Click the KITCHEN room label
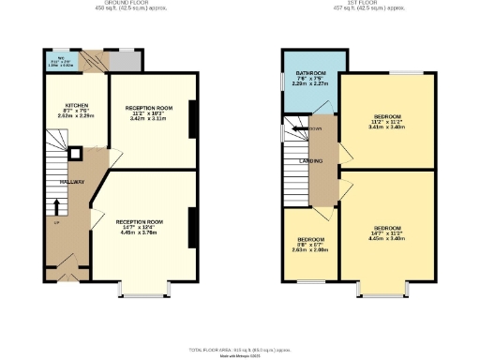click(77, 105)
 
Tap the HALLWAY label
click(73, 182)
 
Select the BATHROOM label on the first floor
click(310, 72)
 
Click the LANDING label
click(312, 160)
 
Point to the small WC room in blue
click(60, 63)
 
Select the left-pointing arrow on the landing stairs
click(296, 129)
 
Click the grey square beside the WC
click(124, 62)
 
